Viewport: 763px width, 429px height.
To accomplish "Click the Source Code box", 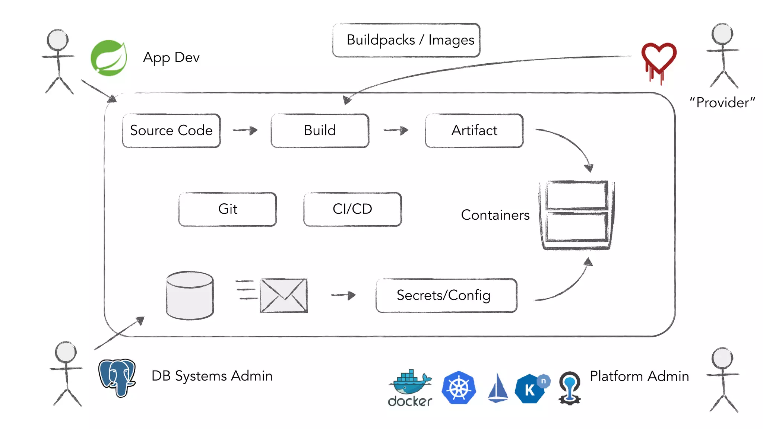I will coord(171,131).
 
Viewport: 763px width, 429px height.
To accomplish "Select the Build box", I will coord(320,131).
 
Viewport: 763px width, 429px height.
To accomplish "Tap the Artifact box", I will coord(474,131).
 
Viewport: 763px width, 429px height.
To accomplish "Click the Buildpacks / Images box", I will coord(406,40).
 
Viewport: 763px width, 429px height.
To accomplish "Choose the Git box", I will coord(228,209).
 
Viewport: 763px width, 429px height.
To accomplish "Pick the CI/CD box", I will coord(352,209).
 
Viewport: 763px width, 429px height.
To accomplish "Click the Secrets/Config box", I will coord(446,295).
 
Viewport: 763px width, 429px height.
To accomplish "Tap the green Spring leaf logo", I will coord(109,58).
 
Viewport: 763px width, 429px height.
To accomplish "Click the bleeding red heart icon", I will coord(659,61).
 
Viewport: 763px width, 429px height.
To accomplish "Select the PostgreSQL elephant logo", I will coord(117,377).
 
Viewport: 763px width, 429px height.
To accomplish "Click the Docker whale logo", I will coord(410,387).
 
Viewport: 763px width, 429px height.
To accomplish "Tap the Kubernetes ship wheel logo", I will coord(459,388).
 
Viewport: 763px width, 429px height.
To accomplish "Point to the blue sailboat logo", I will coord(498,388).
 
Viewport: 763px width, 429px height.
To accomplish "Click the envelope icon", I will coord(284,296).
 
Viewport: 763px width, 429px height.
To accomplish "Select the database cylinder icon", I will coord(190,295).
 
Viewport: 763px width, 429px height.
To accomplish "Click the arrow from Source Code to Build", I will coord(246,130).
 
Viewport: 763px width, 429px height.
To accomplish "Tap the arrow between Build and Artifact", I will coord(396,130).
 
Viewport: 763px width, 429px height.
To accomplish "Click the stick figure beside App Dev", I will coord(58,61).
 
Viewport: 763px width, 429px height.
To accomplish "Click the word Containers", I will coord(495,215).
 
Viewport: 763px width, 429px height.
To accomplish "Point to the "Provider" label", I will coord(722,103).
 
